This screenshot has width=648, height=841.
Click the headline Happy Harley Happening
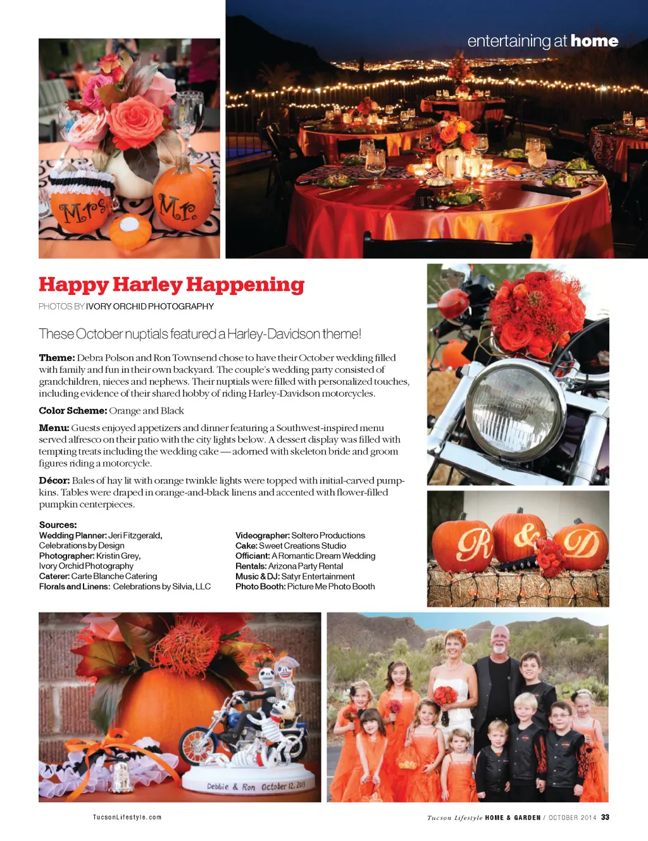point(171,285)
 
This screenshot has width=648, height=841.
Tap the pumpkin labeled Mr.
point(183,199)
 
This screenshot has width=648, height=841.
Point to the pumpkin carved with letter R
point(462,545)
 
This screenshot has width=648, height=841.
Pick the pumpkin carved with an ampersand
point(519,538)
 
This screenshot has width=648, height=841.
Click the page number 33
point(605,818)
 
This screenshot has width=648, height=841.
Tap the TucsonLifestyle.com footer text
point(127,818)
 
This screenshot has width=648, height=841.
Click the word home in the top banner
point(594,41)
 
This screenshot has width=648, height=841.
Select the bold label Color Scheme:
point(73,411)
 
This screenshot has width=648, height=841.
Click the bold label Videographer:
point(263,535)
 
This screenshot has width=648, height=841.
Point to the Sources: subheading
point(58,525)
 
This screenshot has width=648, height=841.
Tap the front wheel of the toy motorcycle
point(198,747)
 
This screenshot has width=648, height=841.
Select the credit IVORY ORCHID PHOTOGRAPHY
point(150,306)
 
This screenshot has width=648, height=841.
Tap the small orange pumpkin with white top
point(130,231)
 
